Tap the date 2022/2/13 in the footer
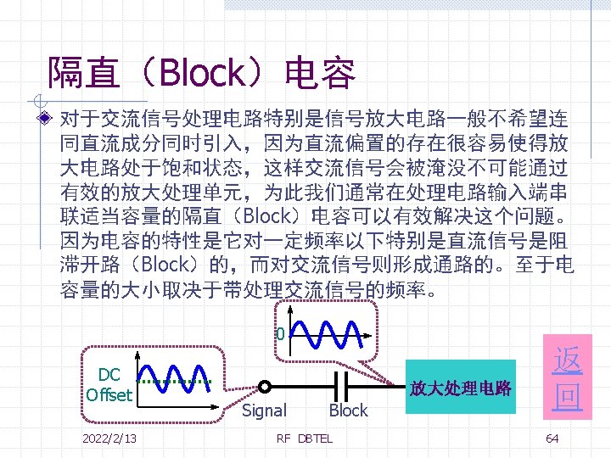(110, 438)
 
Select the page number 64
(552, 438)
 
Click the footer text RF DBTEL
(305, 438)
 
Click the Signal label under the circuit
(264, 411)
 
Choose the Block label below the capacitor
(348, 411)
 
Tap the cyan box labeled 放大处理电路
(461, 388)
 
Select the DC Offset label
(109, 384)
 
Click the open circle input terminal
(265, 386)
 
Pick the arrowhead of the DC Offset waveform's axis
(217, 406)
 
